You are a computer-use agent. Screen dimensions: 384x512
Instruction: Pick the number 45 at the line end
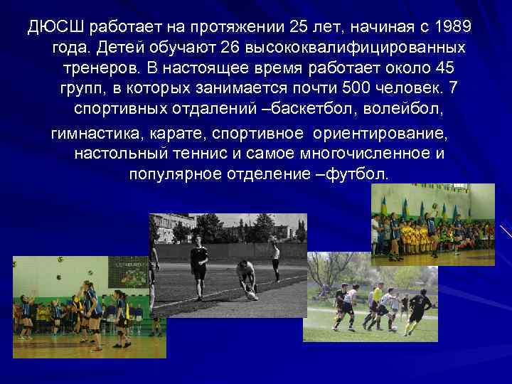click(x=442, y=69)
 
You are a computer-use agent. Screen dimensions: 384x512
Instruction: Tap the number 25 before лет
click(x=299, y=28)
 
